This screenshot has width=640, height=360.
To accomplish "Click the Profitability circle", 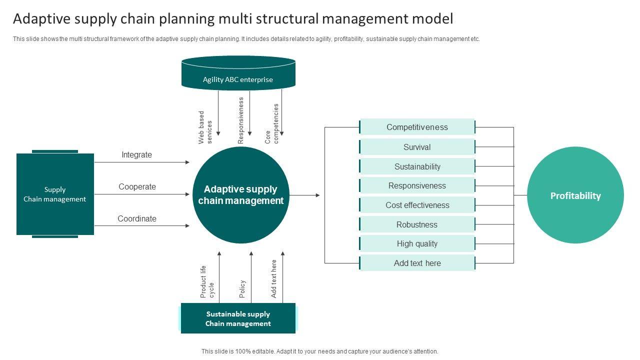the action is coord(575,195).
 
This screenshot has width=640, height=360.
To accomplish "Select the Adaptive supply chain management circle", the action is coord(241,195).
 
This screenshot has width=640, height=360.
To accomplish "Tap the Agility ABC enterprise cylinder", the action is coord(238,73).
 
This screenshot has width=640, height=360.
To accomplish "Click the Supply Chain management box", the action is coord(55,194).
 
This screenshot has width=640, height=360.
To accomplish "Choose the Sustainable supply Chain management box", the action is coord(238,318).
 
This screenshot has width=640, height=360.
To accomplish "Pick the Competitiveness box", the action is coord(417,127).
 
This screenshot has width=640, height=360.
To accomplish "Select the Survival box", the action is coord(417,147).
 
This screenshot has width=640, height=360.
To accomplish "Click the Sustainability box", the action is coord(417,166).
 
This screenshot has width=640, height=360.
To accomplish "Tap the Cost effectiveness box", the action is coord(417,205).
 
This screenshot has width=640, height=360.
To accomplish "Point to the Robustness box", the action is coord(417,224).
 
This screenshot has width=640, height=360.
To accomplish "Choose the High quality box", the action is coord(417,243).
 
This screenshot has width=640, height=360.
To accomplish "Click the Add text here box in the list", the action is coord(417,263).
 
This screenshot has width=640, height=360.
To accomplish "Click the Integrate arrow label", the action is coord(137,155).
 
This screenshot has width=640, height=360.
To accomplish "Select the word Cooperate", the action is coord(137,186).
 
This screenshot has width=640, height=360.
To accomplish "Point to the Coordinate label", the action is coord(137,218).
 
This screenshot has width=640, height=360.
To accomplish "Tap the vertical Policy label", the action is coord(242,288).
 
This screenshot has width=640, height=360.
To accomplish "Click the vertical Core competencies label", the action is coord(271,123).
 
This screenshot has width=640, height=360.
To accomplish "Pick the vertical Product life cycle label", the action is coord(207,281).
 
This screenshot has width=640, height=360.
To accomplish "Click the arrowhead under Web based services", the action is coord(218,133).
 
